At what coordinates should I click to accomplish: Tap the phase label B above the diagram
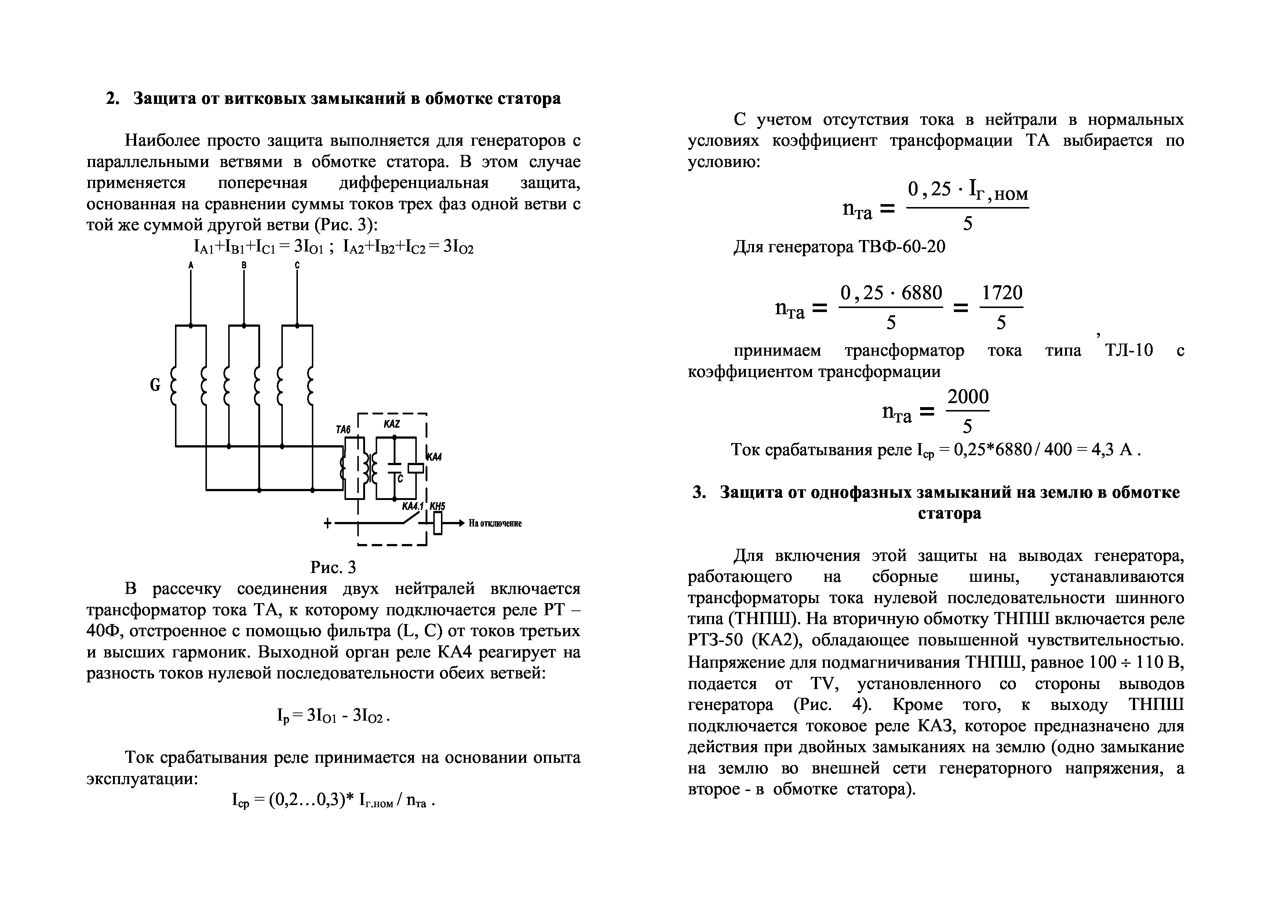[x=244, y=265]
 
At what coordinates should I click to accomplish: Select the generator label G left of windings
[x=155, y=385]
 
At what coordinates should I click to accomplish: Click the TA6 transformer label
[x=343, y=429]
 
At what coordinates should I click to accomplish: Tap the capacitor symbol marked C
[x=395, y=465]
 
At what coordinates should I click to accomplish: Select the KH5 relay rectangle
[x=438, y=524]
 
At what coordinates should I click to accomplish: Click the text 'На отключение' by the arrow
[x=495, y=524]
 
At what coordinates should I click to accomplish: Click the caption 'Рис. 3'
[x=333, y=568]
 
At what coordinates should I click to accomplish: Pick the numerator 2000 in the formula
[x=968, y=397]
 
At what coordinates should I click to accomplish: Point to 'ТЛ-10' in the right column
[x=1129, y=351]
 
